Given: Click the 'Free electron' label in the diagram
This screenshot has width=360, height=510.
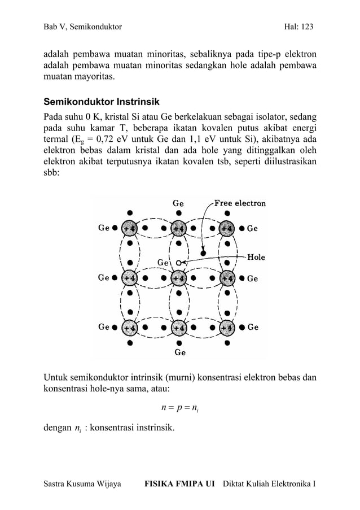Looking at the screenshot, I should pos(239,203).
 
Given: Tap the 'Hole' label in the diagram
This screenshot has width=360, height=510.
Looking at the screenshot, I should pos(256,257).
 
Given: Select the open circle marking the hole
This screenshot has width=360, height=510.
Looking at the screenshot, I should pos(178,263).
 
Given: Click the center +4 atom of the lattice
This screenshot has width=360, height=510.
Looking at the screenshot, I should pos(179,278).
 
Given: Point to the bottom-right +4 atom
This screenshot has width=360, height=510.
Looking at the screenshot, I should pos(227,328).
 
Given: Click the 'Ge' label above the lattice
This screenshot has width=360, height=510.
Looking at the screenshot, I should pos(178,203).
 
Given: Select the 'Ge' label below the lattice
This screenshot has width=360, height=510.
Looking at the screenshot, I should pos(179,353).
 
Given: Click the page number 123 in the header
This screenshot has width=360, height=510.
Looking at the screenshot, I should pos(306,27).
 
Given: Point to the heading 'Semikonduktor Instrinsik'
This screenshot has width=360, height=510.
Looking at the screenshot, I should pos(102,103).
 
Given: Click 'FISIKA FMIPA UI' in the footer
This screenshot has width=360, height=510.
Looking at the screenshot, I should pos(180,485).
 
